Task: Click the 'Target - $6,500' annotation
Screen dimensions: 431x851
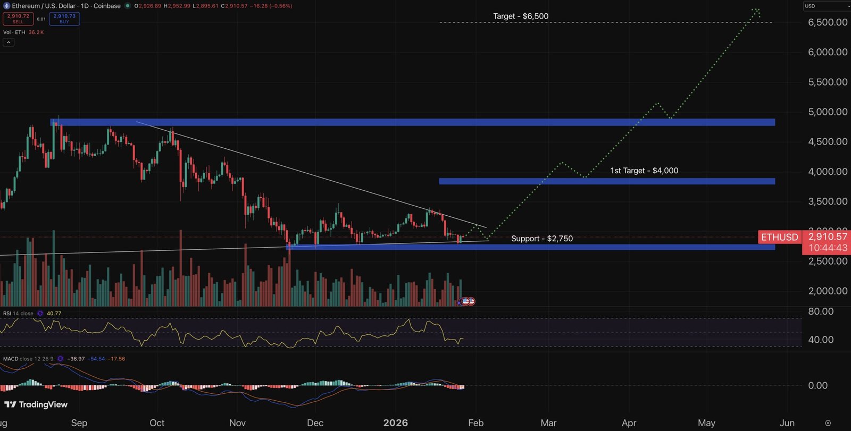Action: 520,16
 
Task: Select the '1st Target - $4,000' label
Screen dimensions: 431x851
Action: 644,171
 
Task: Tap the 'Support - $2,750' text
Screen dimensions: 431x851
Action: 541,239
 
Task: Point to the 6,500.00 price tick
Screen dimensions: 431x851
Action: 827,22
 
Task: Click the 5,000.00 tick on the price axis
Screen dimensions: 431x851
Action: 827,112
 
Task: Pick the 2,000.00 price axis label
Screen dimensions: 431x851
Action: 827,291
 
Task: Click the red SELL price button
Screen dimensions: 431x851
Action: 18,19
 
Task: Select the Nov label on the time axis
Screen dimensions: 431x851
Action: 237,423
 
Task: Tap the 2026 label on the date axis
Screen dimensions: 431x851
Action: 395,423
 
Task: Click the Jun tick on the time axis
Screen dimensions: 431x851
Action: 787,423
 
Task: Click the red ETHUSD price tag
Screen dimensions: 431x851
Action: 779,237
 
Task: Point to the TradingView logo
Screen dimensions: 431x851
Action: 36,405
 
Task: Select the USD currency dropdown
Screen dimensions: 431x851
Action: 826,6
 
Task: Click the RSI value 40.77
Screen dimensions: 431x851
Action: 54,314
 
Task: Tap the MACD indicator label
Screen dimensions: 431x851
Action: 11,359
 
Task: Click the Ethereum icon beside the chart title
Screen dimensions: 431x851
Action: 7,6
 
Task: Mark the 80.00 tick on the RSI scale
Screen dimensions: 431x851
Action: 820,311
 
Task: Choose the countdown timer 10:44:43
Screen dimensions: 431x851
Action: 828,248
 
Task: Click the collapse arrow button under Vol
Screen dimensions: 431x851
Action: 9,42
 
